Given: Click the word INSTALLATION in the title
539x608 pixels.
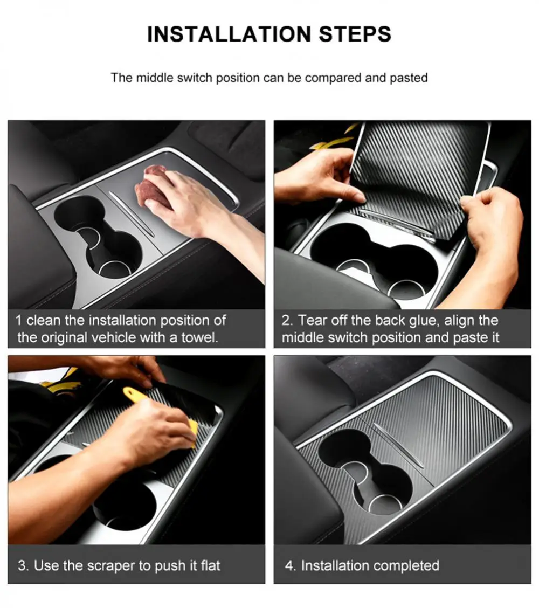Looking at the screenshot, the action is click(x=229, y=34).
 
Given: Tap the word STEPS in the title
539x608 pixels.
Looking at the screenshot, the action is click(x=355, y=34).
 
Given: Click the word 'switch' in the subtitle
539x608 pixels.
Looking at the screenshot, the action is click(x=195, y=78).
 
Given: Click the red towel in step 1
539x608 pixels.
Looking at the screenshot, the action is click(x=153, y=186).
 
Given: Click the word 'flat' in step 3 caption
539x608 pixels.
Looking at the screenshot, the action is click(x=211, y=565).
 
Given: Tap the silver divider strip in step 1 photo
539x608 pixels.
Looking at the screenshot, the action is click(x=131, y=213).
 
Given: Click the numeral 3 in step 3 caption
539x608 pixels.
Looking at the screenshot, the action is click(x=23, y=566).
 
